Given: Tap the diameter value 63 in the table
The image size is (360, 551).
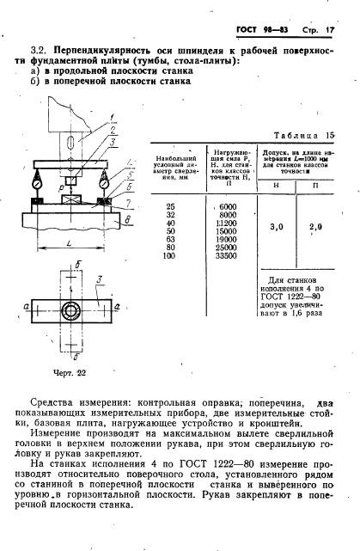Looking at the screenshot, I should [168, 239].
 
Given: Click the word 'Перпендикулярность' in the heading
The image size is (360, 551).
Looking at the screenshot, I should [108, 52].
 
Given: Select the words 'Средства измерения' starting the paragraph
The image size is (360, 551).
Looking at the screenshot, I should [78, 402].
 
